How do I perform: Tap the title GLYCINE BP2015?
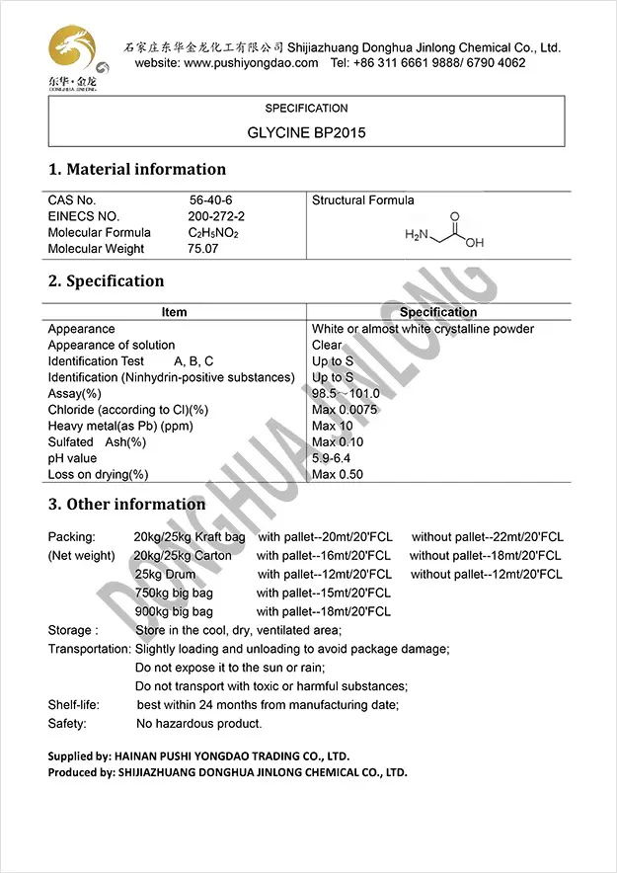tap(306, 131)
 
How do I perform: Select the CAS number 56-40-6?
tap(211, 200)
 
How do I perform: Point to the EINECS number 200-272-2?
tap(216, 216)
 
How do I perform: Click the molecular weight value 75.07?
tap(203, 249)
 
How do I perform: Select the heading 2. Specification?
tap(107, 281)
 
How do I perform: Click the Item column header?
tap(174, 312)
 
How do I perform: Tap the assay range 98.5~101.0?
tap(346, 393)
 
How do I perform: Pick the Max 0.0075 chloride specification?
tap(346, 410)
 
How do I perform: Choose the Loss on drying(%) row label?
tap(98, 474)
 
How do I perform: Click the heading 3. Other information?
tap(126, 505)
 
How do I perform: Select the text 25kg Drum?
tap(165, 574)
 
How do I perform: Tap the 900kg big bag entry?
tap(174, 611)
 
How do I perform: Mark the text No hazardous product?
tap(198, 724)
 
